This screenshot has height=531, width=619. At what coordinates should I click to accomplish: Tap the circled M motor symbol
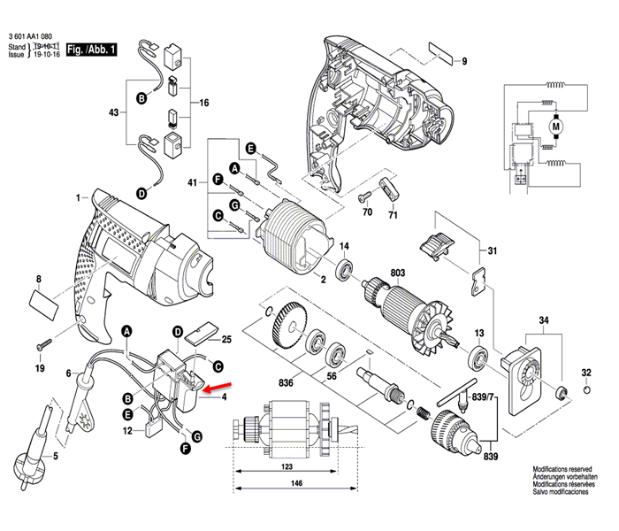[556, 126]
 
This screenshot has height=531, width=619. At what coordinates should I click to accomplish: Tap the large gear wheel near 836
[292, 327]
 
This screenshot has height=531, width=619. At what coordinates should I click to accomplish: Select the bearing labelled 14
[343, 266]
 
